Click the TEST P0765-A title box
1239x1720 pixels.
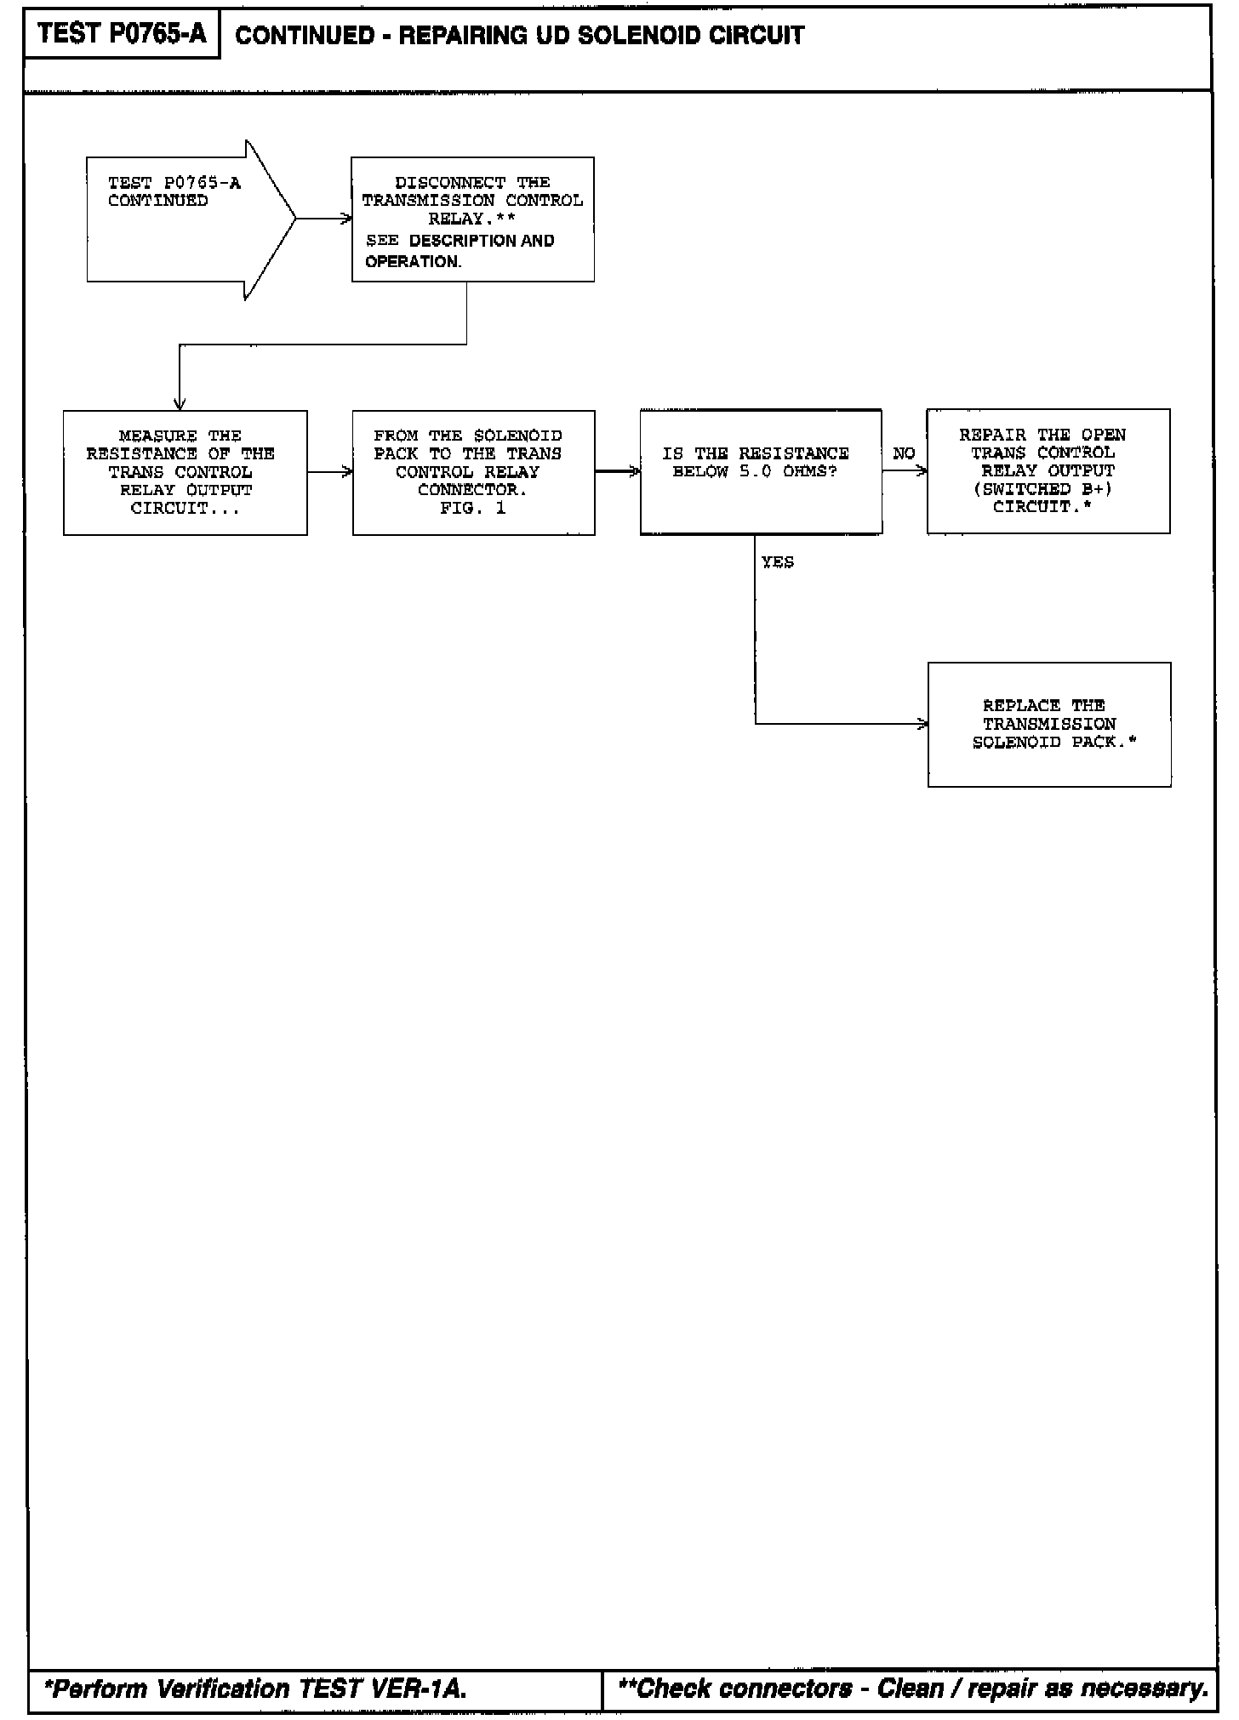click(122, 34)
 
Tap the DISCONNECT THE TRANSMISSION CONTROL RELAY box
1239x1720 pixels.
click(472, 219)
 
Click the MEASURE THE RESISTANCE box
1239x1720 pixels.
click(185, 472)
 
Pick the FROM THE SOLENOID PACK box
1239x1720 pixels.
click(473, 472)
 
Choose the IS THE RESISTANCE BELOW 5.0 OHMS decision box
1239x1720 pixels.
click(760, 472)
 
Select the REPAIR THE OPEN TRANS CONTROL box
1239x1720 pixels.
click(1048, 471)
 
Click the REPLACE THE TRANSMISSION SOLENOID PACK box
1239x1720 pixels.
click(1048, 724)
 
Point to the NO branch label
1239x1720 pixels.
click(904, 454)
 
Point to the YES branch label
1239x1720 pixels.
click(777, 562)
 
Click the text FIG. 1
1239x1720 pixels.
click(472, 509)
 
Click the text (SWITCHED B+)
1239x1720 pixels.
click(1042, 489)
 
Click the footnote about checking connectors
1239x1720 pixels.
click(913, 1689)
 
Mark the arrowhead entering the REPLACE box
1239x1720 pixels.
click(922, 724)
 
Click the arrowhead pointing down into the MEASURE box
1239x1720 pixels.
click(179, 404)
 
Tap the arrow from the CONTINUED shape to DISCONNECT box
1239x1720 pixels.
click(323, 219)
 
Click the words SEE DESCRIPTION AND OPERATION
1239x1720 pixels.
click(460, 251)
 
